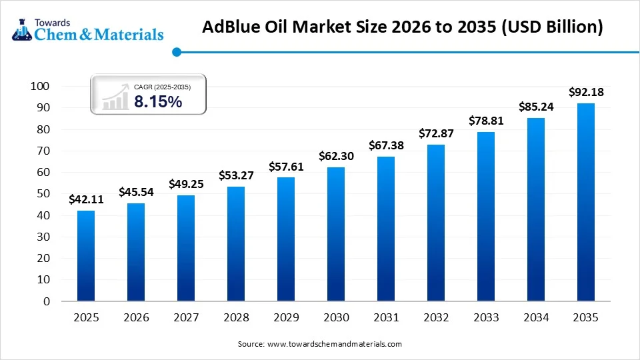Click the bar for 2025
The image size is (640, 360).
coord(86,256)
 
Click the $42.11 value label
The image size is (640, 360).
coord(86,199)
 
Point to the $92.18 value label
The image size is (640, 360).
coord(586,92)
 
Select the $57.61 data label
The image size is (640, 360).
coord(286,166)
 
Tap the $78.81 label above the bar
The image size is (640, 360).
coord(486,121)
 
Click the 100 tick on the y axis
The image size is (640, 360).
coord(40,86)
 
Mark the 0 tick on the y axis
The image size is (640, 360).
coord(46,301)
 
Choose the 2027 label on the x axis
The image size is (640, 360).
coord(186,318)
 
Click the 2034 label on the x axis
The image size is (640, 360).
coord(536,318)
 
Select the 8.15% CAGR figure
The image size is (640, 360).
coord(158,102)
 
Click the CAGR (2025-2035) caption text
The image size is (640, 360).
coord(162,87)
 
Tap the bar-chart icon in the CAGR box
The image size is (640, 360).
coord(115,97)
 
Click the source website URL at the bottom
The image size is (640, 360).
coord(334,344)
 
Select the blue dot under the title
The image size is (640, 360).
coord(176,51)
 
